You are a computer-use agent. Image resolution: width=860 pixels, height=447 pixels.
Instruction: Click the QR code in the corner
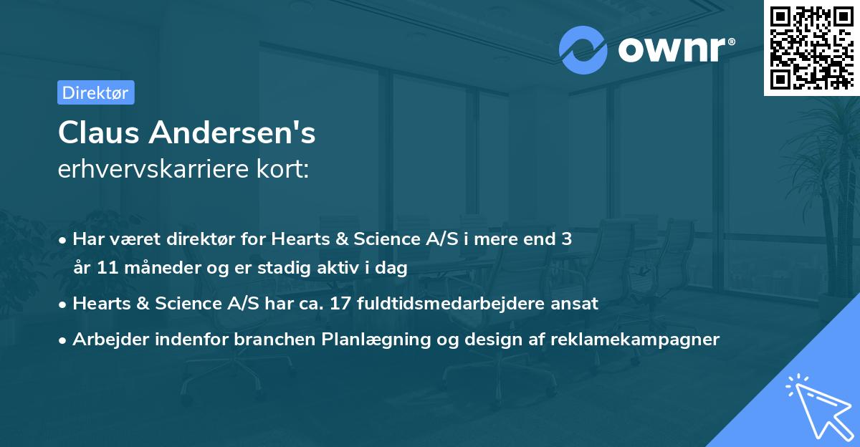click(812, 47)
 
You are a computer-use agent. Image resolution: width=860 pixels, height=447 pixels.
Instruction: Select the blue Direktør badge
click(95, 92)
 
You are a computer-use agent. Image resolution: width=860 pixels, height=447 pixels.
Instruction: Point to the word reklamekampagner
click(634, 339)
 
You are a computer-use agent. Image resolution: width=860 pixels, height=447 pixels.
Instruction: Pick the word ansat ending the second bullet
click(577, 303)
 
